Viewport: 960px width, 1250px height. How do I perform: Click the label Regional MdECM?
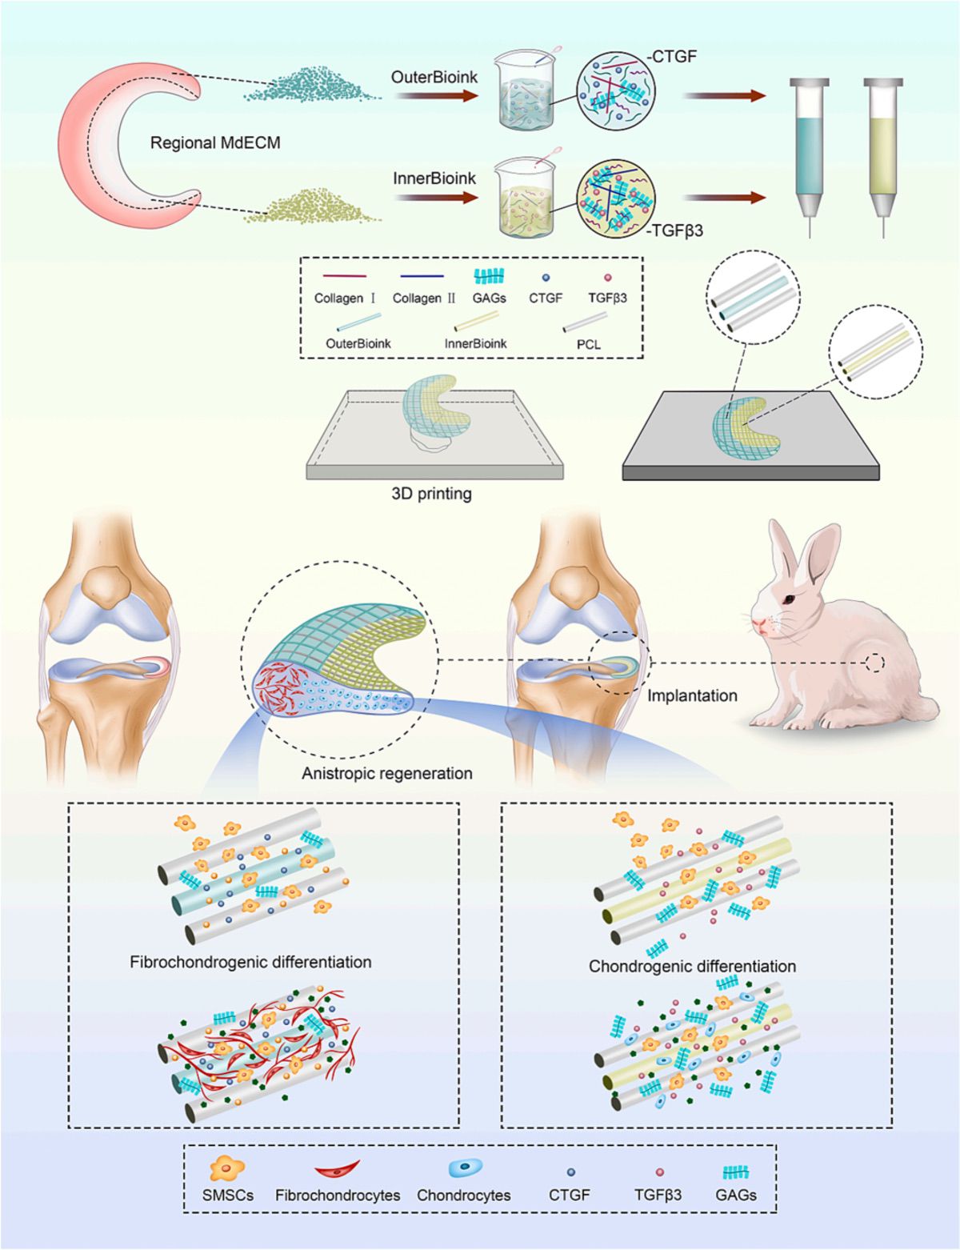pyautogui.click(x=215, y=143)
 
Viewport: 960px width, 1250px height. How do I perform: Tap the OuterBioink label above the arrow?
pyautogui.click(x=434, y=78)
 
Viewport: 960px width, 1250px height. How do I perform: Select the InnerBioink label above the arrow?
pyautogui.click(x=434, y=178)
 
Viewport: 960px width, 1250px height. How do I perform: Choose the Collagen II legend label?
pyautogui.click(x=424, y=298)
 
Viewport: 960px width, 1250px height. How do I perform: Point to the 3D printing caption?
pyautogui.click(x=431, y=494)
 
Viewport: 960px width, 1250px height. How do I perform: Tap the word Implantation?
pyautogui.click(x=692, y=695)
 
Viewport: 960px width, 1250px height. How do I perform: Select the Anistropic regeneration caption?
pyautogui.click(x=386, y=774)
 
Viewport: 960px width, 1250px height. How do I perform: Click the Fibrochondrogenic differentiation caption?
pyautogui.click(x=250, y=962)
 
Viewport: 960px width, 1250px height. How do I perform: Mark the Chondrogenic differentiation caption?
pyautogui.click(x=692, y=966)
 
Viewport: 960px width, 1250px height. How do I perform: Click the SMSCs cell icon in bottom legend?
pyautogui.click(x=226, y=1169)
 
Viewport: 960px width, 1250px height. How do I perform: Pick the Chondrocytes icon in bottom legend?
pyautogui.click(x=464, y=1169)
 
